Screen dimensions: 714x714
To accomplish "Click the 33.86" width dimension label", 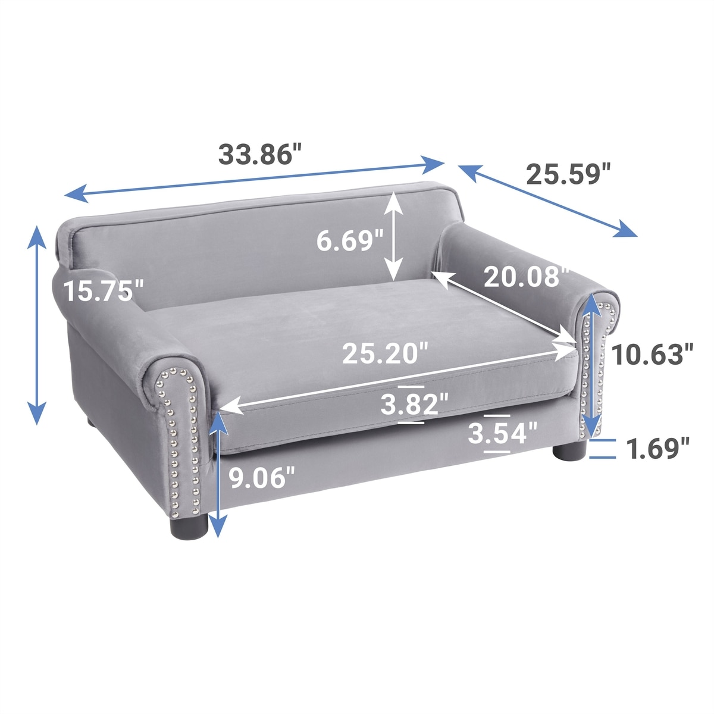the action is (261, 154).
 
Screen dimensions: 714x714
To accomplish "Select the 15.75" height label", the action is (104, 290).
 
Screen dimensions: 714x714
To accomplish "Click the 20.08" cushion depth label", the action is (526, 277).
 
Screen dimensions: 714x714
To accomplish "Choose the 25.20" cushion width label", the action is (385, 353).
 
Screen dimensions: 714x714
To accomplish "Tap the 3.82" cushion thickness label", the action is (415, 404).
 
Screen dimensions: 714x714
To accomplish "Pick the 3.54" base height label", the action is (502, 433).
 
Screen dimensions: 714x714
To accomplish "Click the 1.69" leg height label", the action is (658, 449).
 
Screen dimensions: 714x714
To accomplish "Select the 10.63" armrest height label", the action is (652, 355).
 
